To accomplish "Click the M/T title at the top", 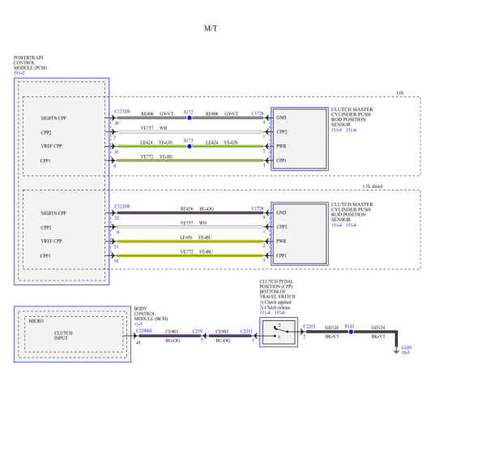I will [x=211, y=28].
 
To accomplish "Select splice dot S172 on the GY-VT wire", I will [x=189, y=118].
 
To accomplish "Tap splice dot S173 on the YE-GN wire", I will [x=189, y=147].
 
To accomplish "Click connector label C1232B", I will [x=122, y=112].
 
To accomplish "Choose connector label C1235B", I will [x=122, y=207].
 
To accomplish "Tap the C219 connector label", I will [x=197, y=331].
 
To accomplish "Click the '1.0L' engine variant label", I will [x=401, y=93].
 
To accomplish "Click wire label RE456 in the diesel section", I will [x=187, y=208].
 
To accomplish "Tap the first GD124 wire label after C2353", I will [x=331, y=328].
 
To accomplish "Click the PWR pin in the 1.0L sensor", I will [x=281, y=147].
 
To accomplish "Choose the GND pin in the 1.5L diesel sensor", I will [x=281, y=213].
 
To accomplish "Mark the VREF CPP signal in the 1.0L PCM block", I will [x=53, y=147].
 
